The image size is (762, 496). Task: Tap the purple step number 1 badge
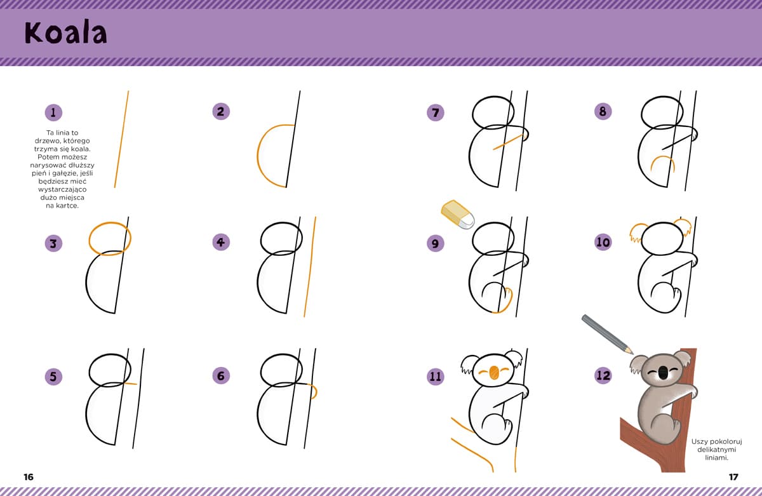pyautogui.click(x=53, y=112)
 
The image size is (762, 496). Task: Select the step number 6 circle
pyautogui.click(x=221, y=375)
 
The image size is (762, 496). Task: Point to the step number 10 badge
pyautogui.click(x=603, y=242)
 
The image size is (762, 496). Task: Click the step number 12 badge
pyautogui.click(x=603, y=375)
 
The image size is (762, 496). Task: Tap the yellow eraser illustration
pyautogui.click(x=458, y=214)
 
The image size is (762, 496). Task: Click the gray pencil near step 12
pyautogui.click(x=607, y=335)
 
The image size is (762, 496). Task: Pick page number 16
pyautogui.click(x=29, y=477)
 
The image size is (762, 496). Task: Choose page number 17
pyautogui.click(x=733, y=477)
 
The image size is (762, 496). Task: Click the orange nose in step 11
pyautogui.click(x=493, y=373)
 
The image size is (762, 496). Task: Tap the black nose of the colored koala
pyautogui.click(x=662, y=372)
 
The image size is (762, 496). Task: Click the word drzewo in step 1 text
pyautogui.click(x=47, y=140)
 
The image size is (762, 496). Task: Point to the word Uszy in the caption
pyautogui.click(x=699, y=441)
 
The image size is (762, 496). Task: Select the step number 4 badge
pyautogui.click(x=221, y=242)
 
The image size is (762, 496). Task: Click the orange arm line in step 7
pyautogui.click(x=508, y=142)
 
